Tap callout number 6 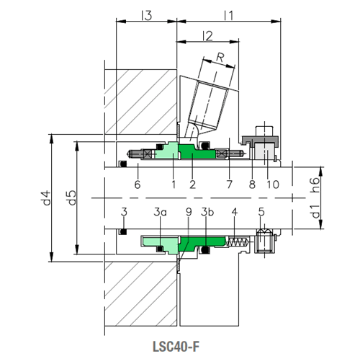point(137,185)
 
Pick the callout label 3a point(160,212)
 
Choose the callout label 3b point(207,212)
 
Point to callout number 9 point(188,212)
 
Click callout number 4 point(234,212)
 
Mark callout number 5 point(261,212)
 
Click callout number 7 point(229,185)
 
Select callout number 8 point(251,185)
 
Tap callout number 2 point(192,185)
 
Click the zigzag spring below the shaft point(236,242)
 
